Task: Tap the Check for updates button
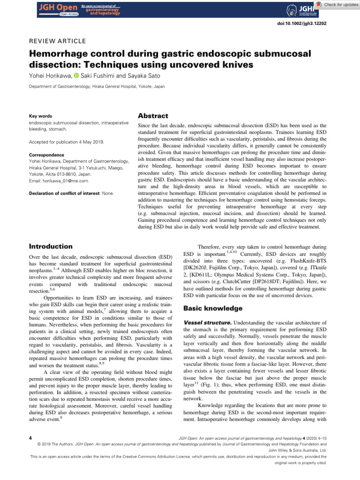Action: click(337, 5)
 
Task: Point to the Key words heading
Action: click(39, 116)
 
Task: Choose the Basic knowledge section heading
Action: click(213, 295)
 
